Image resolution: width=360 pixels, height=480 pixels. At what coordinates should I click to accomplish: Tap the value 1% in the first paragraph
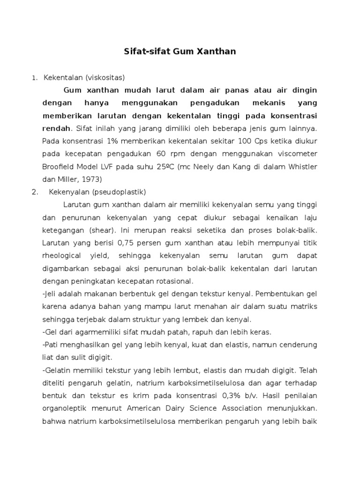coord(96,141)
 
